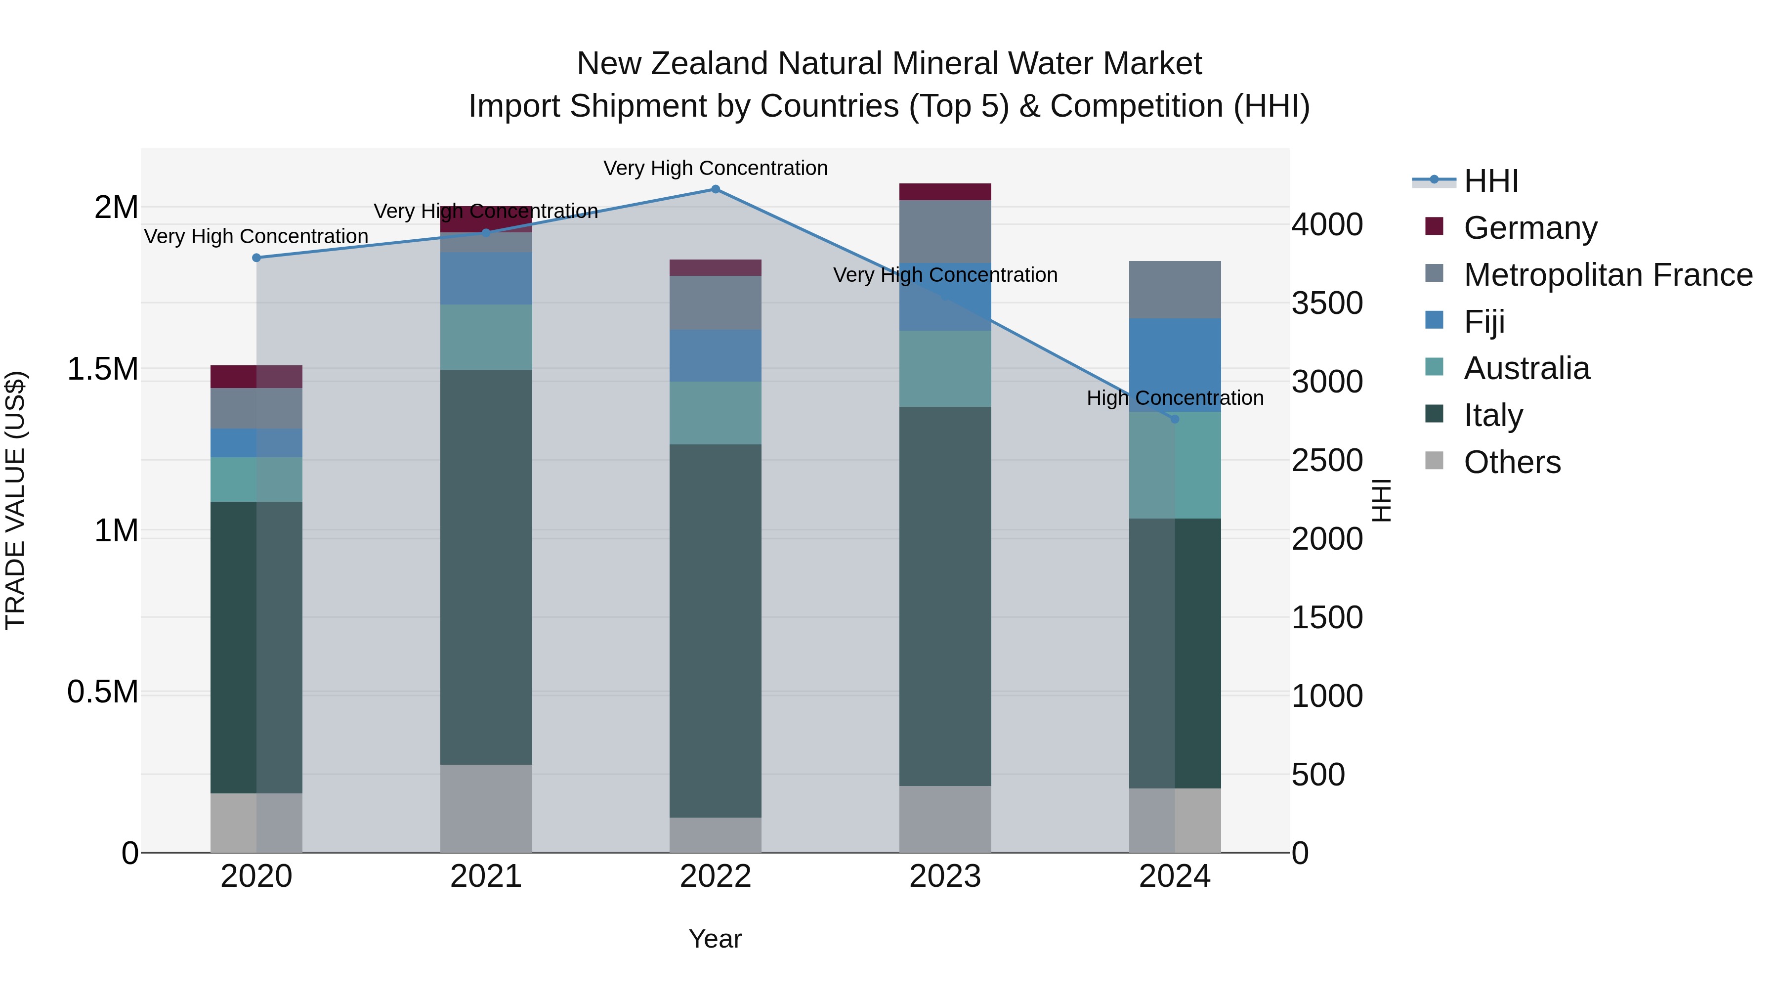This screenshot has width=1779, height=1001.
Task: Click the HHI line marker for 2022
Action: [x=716, y=189]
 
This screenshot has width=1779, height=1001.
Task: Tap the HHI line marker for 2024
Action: [x=1174, y=419]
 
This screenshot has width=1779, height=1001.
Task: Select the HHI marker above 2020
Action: [x=256, y=258]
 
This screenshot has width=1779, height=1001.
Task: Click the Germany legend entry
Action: [x=1529, y=228]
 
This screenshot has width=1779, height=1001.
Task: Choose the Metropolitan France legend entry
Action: [x=1608, y=275]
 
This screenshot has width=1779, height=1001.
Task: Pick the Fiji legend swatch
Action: [x=1435, y=320]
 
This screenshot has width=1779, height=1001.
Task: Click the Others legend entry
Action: [x=1512, y=462]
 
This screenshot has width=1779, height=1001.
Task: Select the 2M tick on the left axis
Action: [x=116, y=207]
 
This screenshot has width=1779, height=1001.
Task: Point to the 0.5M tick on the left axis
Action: [x=103, y=692]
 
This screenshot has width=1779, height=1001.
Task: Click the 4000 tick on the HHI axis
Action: [x=1327, y=225]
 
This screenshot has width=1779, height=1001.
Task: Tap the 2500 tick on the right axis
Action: [x=1327, y=461]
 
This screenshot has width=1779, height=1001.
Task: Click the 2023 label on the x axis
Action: [x=945, y=876]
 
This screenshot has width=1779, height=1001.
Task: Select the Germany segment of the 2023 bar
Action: [x=945, y=192]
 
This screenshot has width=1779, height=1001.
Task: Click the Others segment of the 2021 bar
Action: [x=486, y=808]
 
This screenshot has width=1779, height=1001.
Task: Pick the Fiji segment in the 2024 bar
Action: [x=1174, y=365]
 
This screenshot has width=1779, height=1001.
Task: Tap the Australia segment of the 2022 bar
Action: [x=716, y=413]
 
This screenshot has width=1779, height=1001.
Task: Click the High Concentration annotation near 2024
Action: [x=1175, y=398]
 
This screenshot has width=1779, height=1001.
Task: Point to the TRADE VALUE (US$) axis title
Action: [x=15, y=500]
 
